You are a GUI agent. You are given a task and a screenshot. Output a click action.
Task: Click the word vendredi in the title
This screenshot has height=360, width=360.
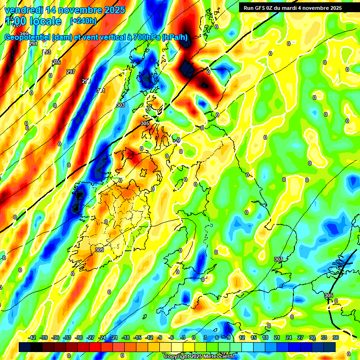coord(23,10)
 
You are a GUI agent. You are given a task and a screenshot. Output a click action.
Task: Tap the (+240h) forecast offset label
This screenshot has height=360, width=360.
coord(83,21)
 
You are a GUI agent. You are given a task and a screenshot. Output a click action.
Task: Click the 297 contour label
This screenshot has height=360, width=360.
coord(71,72)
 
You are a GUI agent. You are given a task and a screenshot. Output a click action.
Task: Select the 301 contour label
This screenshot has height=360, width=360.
coord(101,90)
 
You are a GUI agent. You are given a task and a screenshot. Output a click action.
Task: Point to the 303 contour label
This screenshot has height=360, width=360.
coord(120,105)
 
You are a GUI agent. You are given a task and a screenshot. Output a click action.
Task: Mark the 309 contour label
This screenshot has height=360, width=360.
coord(99,250)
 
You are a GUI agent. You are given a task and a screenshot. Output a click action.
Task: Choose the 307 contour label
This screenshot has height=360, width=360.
coord(278,259)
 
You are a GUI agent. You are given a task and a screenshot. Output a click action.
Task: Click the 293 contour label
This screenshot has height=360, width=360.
coord(47,52)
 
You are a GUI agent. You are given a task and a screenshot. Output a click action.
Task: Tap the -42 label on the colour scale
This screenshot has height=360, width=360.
coord(32,337)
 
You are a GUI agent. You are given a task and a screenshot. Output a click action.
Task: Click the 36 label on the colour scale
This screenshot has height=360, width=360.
coord(336,337)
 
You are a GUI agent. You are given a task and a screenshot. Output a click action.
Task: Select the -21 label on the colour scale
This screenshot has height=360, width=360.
coord(114,337)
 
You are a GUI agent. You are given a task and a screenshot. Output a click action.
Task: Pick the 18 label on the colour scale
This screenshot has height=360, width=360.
coord(265,337)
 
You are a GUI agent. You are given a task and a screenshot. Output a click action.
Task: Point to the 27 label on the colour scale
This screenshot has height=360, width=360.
coord(300,337)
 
